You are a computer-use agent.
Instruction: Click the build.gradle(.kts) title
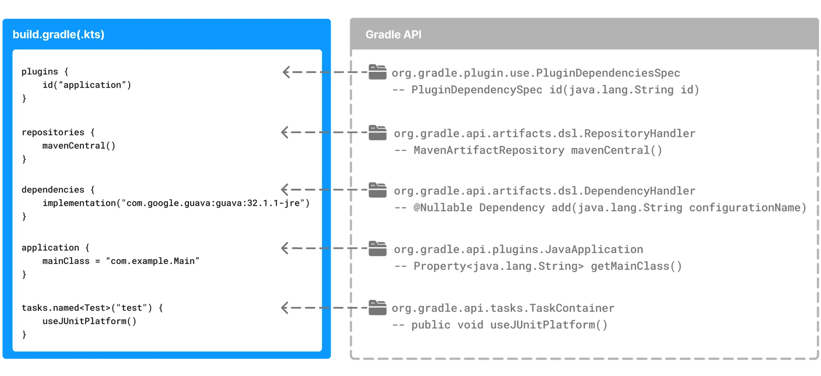[x=59, y=35]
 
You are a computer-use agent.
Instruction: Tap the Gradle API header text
[x=393, y=35]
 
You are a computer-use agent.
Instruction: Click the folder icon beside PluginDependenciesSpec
[x=377, y=72]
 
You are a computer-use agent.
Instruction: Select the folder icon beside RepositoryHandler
[x=378, y=133]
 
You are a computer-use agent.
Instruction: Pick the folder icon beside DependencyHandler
[x=378, y=190]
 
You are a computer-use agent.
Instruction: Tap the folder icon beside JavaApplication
[x=378, y=249]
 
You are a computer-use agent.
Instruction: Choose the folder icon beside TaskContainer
[x=378, y=308]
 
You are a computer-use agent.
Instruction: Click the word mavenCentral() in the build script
[x=79, y=146]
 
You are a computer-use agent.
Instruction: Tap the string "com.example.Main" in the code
[x=153, y=261]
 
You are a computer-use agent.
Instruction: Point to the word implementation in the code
[x=79, y=203]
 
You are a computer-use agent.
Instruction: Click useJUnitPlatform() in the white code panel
[x=89, y=321]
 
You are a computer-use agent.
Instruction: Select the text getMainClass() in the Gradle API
[x=636, y=266]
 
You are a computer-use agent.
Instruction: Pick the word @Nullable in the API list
[x=443, y=207]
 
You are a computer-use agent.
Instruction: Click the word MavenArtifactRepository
[x=489, y=150]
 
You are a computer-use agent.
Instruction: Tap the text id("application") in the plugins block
[x=87, y=85]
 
